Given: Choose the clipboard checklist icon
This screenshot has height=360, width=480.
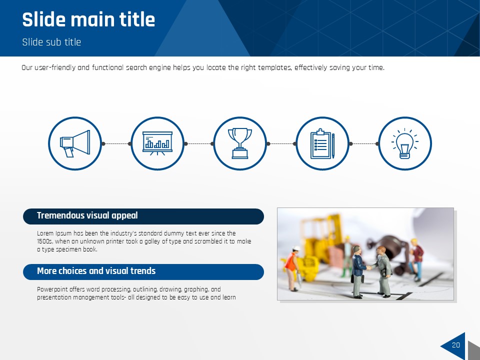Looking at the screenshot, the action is [x=322, y=143].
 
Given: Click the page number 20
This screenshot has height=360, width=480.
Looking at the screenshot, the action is [x=456, y=345].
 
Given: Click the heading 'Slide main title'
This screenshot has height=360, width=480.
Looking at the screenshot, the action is [x=88, y=19].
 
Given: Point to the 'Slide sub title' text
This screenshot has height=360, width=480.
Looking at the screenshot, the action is [x=51, y=42].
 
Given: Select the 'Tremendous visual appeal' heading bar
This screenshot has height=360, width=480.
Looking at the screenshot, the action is [x=143, y=216].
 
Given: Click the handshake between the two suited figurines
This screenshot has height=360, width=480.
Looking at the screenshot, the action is [x=369, y=268].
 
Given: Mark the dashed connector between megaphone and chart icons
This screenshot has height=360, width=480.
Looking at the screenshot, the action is [x=116, y=143].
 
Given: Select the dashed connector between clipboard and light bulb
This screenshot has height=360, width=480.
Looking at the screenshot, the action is [x=364, y=143].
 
